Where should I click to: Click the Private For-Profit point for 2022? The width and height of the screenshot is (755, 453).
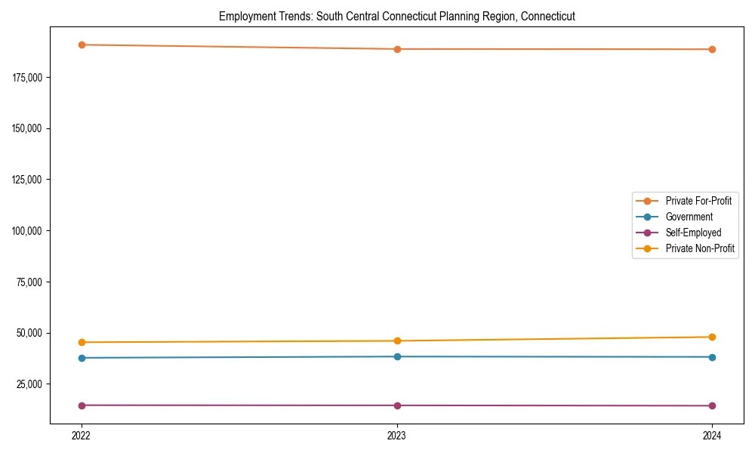click(x=82, y=45)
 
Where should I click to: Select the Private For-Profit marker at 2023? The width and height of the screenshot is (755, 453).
click(x=397, y=49)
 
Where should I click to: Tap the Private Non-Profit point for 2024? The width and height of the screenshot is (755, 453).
click(x=712, y=337)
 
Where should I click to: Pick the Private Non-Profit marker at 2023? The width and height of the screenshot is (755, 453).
click(x=397, y=341)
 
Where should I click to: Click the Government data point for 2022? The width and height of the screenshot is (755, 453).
click(x=82, y=358)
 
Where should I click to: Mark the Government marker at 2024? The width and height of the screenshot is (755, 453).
click(x=712, y=357)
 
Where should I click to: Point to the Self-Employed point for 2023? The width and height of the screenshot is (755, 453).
click(x=397, y=405)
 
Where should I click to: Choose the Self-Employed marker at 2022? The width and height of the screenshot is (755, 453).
click(x=82, y=405)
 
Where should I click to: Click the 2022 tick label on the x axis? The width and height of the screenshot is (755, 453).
click(x=82, y=436)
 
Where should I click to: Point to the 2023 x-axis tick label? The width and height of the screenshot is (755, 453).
click(x=397, y=436)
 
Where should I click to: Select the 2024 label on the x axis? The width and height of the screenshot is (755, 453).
click(x=712, y=436)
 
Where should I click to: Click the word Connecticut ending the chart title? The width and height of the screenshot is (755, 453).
click(x=548, y=17)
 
